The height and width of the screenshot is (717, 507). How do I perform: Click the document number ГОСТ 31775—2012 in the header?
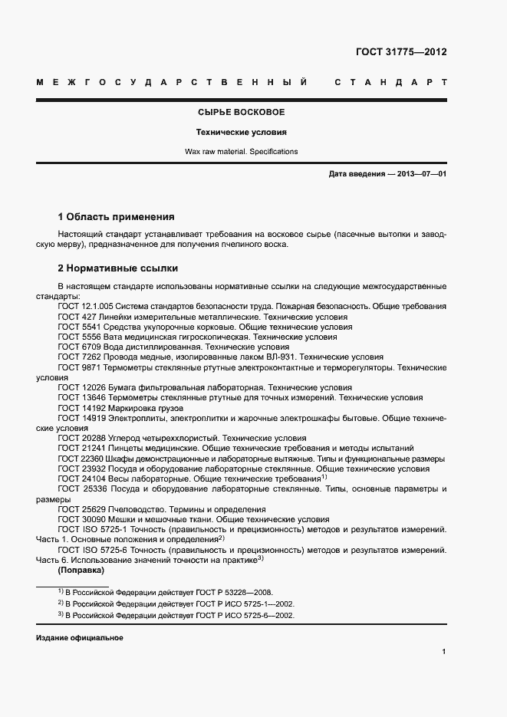401,52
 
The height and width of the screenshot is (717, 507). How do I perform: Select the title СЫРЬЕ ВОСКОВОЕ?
241,113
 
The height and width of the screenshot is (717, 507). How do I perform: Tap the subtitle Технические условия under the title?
241,132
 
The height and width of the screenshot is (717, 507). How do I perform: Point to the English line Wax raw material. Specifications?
241,152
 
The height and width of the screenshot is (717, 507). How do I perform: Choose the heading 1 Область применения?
117,217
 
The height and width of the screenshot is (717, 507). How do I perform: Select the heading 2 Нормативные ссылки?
118,269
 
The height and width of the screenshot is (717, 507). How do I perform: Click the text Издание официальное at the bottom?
80,638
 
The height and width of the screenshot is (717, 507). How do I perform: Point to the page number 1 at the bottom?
444,652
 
